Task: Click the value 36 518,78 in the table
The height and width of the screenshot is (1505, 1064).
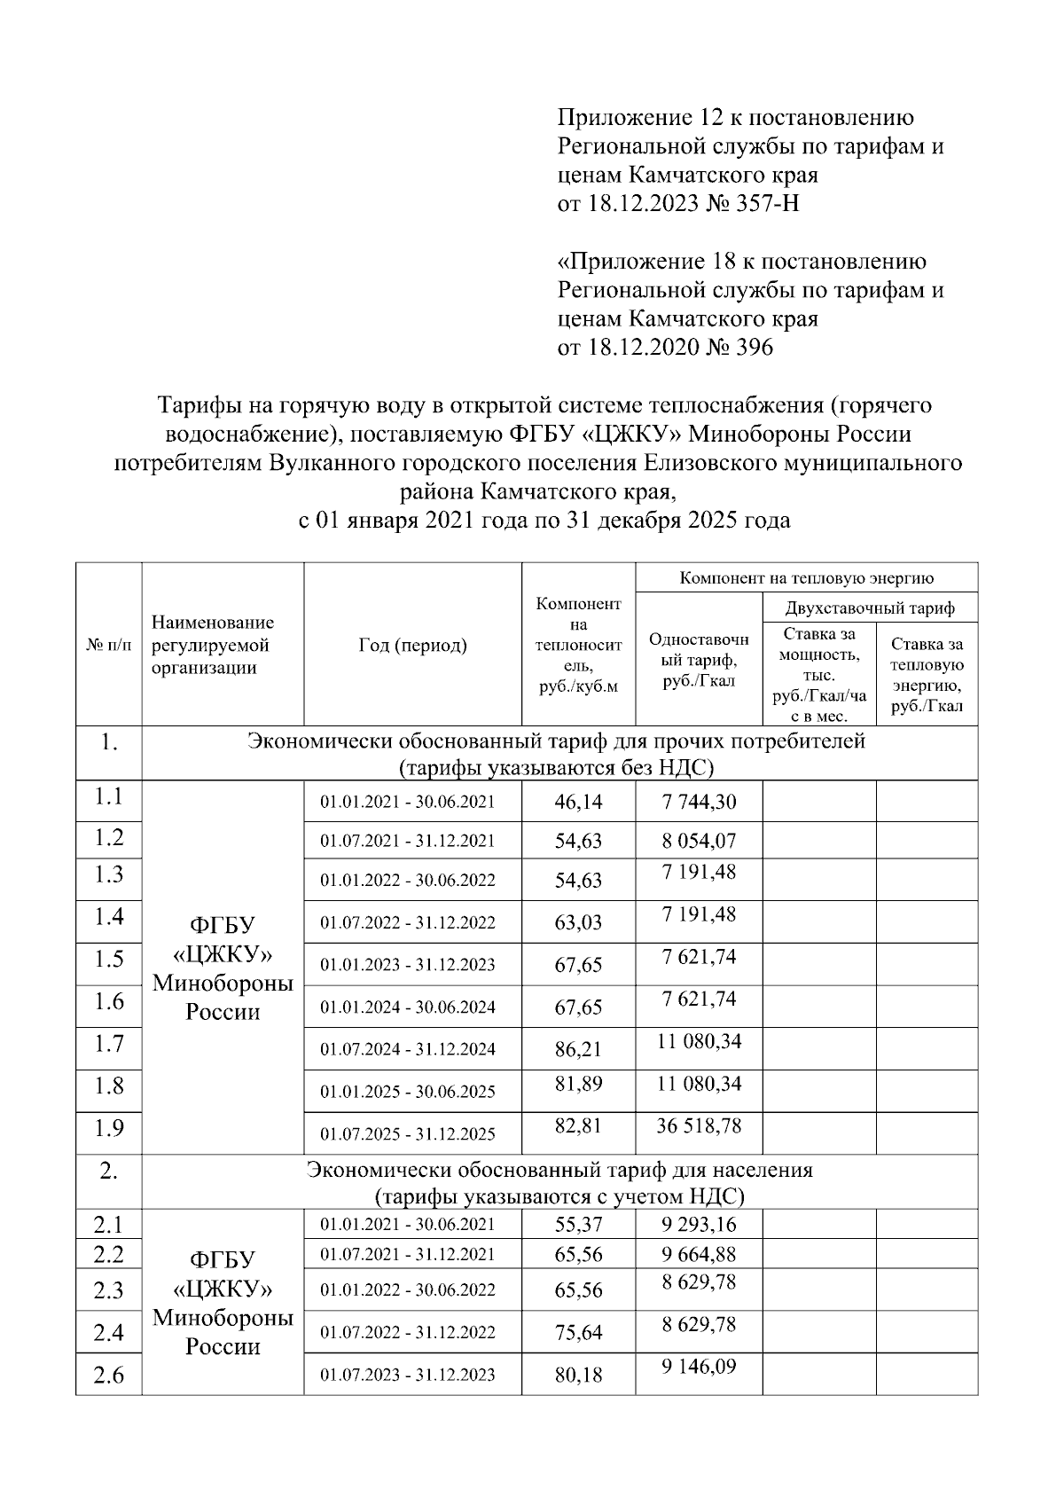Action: tap(699, 1125)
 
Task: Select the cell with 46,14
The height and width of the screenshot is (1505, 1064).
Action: tap(578, 802)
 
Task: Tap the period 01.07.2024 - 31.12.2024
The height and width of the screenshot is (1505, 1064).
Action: tap(408, 1049)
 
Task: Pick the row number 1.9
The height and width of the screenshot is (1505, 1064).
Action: tap(108, 1128)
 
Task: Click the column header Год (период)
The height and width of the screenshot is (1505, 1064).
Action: tap(412, 645)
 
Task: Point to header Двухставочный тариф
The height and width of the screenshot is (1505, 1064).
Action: tap(870, 608)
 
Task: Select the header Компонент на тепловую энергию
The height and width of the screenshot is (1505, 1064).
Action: tap(806, 578)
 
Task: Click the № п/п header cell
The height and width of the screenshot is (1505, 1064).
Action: tap(108, 646)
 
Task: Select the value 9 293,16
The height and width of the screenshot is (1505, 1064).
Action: tap(699, 1225)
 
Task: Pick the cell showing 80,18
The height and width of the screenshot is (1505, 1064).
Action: tap(578, 1375)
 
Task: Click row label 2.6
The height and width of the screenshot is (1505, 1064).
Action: tap(108, 1376)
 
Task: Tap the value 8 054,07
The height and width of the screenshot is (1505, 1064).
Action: tap(699, 840)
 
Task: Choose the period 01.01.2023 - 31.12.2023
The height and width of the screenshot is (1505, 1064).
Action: tap(408, 965)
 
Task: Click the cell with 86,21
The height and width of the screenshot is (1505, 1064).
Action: tap(578, 1049)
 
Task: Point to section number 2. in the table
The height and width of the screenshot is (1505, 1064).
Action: tap(108, 1171)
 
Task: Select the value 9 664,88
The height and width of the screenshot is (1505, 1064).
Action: tap(699, 1254)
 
